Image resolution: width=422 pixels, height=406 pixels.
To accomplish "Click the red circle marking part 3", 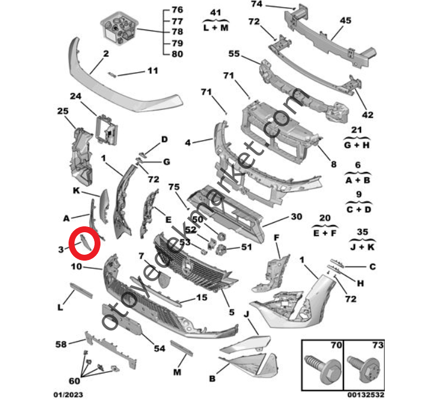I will [85, 242].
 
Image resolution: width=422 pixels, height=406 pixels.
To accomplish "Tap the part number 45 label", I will [345, 20].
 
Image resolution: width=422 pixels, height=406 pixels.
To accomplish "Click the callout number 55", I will [234, 54].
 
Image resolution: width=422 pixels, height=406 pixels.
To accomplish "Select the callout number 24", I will [75, 96].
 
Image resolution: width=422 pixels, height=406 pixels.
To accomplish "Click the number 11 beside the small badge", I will [153, 71].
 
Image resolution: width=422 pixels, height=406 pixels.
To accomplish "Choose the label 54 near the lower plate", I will [159, 349].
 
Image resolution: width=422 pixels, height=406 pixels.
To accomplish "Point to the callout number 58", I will [61, 343].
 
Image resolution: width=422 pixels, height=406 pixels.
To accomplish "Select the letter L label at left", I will [60, 307].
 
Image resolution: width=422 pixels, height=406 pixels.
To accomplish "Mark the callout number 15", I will [202, 298].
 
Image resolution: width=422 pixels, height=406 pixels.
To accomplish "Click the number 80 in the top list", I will [177, 54].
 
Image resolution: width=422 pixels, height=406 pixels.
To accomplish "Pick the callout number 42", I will [368, 115].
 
